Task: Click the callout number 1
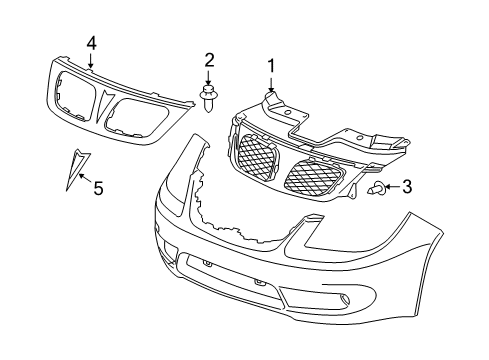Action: pos(269,66)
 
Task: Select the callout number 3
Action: pos(406,186)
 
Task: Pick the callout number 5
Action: pos(98,186)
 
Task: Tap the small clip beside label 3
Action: pos(375,187)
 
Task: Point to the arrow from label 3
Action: pos(389,186)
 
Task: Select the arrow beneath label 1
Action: pos(269,84)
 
